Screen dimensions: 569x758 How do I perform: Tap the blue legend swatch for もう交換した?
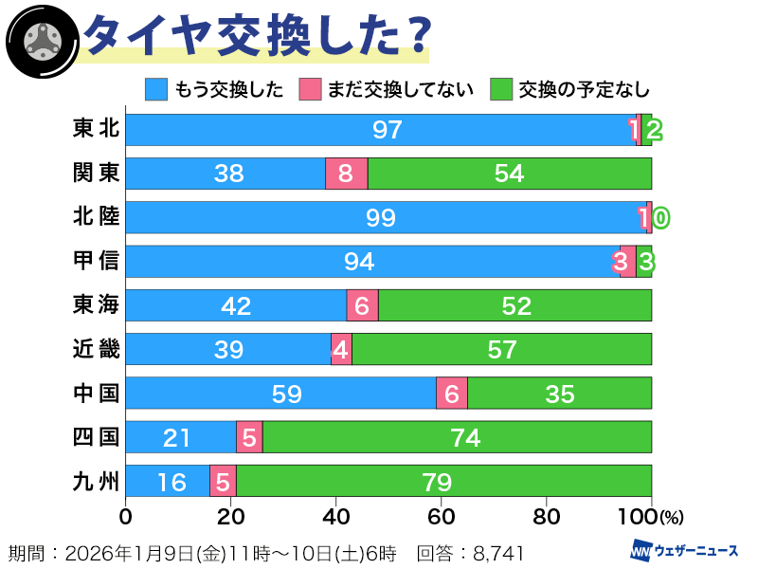tap(157, 89)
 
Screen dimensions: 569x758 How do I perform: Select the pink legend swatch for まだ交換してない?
tap(312, 89)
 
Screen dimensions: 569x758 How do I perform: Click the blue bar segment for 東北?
tap(379, 130)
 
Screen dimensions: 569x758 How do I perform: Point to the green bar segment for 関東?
tap(510, 174)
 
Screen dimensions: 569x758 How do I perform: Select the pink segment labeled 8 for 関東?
tap(346, 174)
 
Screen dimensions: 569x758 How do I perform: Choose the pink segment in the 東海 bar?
tap(362, 305)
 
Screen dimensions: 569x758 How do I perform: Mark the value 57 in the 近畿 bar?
tap(501, 349)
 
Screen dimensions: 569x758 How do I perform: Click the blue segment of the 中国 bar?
tap(280, 393)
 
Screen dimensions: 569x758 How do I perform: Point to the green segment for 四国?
tap(457, 437)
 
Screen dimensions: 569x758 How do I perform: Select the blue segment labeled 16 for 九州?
tap(168, 481)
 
